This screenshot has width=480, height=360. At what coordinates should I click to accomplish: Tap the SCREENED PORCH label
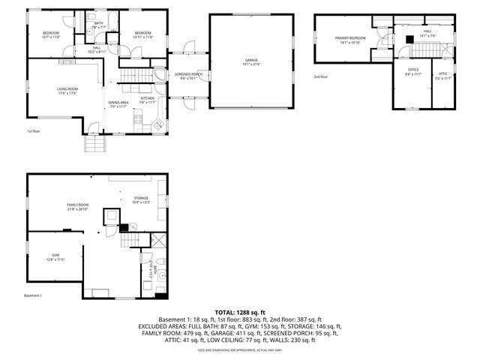(x=188, y=75)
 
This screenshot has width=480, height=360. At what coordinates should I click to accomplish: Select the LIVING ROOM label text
(x=67, y=89)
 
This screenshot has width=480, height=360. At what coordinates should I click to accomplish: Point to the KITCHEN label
(x=147, y=98)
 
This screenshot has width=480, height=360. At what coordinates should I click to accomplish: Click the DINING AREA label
(x=118, y=102)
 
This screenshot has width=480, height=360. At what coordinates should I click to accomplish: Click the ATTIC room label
(x=443, y=73)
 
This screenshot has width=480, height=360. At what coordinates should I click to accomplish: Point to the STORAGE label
(x=142, y=198)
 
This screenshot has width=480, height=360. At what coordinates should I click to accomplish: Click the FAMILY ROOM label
(x=78, y=205)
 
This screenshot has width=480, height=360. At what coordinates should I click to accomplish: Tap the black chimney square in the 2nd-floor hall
(x=409, y=40)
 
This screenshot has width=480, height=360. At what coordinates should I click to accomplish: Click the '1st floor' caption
(x=33, y=130)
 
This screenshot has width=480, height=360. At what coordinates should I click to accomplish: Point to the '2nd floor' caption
(x=321, y=76)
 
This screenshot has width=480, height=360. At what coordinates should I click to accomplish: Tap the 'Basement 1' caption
(x=33, y=295)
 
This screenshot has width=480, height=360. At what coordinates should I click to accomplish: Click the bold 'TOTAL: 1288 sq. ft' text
(x=240, y=311)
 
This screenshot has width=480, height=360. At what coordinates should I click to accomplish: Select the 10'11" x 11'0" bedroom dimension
(x=143, y=37)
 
